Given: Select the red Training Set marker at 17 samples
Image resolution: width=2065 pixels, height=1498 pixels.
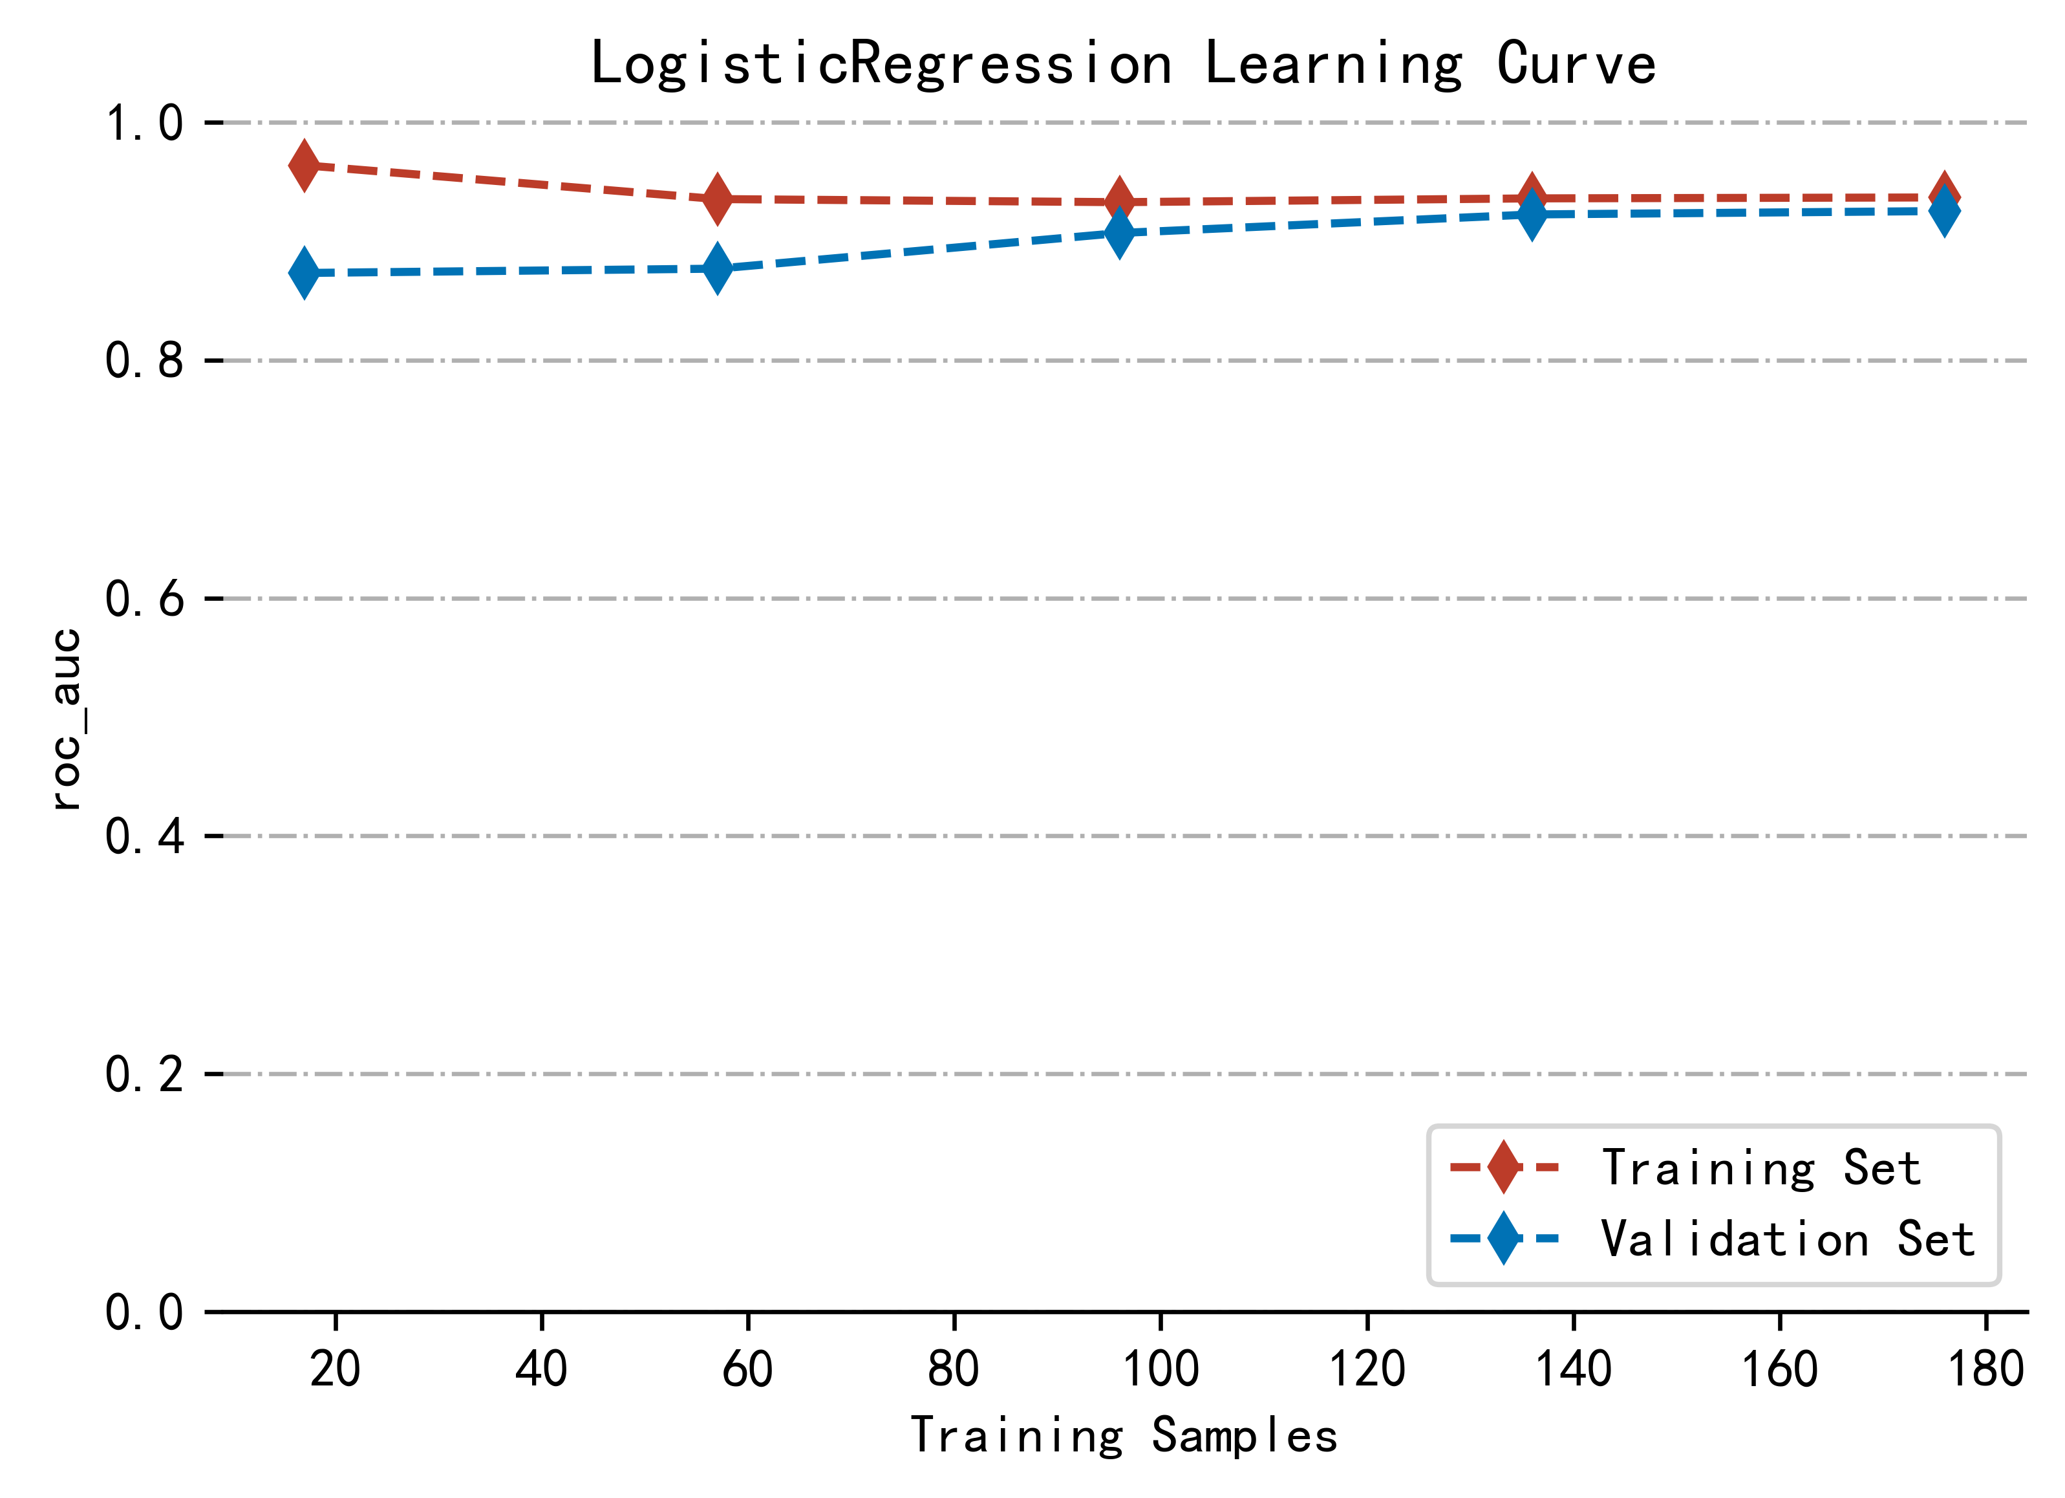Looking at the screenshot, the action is click(x=304, y=166).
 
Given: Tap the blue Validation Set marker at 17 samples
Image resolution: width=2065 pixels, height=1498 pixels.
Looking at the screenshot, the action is click(x=304, y=272).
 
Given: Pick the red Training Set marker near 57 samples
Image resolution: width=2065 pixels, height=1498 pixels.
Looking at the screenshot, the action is click(x=718, y=199).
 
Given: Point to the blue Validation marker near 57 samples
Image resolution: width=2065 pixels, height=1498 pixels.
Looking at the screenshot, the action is click(x=718, y=268).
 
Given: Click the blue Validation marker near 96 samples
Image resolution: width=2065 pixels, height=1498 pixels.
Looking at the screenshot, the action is click(x=1119, y=233).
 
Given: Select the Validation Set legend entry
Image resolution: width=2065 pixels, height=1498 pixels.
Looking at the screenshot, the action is click(x=1713, y=1239).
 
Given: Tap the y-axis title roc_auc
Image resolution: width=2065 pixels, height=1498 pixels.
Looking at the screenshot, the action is click(x=65, y=719).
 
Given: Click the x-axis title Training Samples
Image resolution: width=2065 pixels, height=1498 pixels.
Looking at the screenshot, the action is click(x=1124, y=1436).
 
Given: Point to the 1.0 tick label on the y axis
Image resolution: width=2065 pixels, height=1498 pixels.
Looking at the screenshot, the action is click(x=145, y=123).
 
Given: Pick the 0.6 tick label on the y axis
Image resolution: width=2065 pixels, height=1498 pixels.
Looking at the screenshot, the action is click(x=145, y=599).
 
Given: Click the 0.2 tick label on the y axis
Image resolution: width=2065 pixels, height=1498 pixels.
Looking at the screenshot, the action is click(x=145, y=1074).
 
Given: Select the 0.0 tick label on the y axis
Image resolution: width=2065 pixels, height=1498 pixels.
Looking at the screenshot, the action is click(x=145, y=1313).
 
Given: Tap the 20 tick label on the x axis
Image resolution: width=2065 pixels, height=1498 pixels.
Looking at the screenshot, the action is click(x=335, y=1369).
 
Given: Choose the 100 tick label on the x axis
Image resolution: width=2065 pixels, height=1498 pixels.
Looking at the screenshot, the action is click(x=1160, y=1369).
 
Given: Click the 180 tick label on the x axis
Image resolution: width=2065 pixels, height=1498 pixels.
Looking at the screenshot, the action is click(x=1985, y=1369).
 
